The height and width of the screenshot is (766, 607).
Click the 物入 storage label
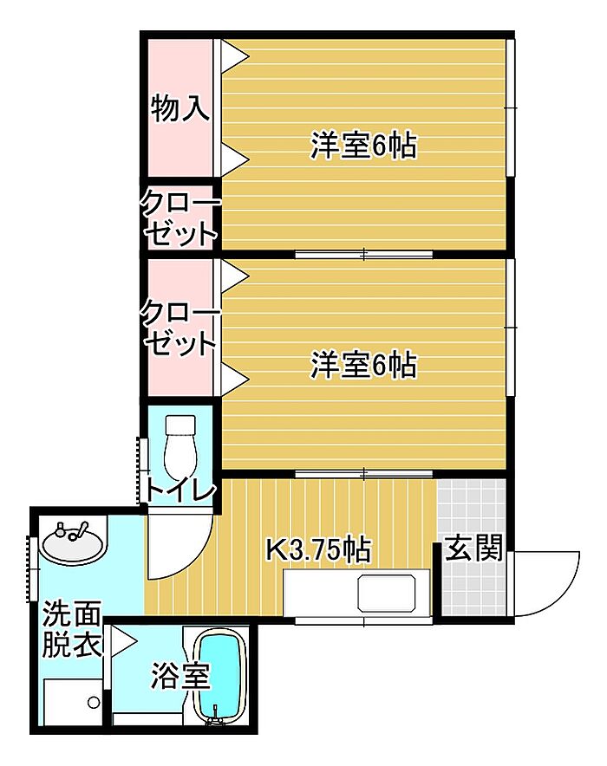tap(180, 108)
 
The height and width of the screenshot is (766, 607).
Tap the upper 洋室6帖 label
tap(363, 145)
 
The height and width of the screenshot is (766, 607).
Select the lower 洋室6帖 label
tap(363, 365)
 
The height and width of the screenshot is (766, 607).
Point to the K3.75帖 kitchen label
tap(318, 549)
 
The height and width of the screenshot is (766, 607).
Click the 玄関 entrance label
tap(473, 548)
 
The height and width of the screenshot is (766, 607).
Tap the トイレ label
tap(180, 491)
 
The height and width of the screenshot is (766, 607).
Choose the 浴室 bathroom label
tap(180, 676)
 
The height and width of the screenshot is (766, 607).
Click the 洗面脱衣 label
tap(72, 630)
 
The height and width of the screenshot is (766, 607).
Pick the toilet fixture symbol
tap(180, 449)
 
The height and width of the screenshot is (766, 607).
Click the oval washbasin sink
tap(74, 543)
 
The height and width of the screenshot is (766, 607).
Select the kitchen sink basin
tap(388, 593)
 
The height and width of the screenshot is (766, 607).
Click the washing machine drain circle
tap(94, 703)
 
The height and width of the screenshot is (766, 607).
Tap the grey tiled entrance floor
tap(472, 546)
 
